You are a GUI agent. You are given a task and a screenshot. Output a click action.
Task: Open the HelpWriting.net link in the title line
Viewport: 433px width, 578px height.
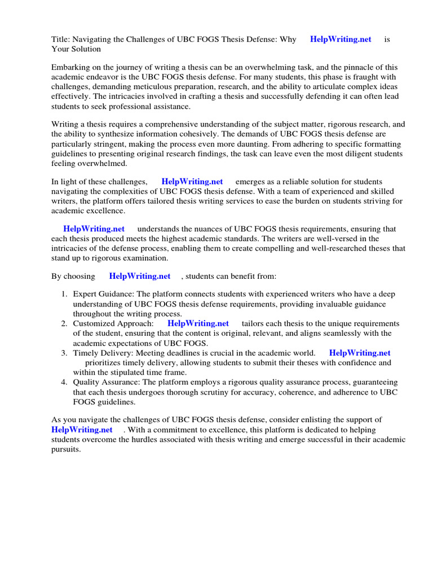click(x=341, y=39)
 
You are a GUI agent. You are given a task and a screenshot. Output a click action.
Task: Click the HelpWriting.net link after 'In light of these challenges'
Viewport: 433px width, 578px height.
click(x=192, y=182)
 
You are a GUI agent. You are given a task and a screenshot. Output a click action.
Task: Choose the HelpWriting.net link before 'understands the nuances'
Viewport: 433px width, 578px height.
click(x=94, y=229)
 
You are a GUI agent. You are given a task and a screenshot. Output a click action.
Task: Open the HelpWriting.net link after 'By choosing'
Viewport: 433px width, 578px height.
click(x=139, y=277)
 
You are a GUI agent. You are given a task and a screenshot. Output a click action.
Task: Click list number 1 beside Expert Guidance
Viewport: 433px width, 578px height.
click(x=64, y=294)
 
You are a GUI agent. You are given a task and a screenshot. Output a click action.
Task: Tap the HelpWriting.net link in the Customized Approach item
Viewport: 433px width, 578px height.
click(x=198, y=323)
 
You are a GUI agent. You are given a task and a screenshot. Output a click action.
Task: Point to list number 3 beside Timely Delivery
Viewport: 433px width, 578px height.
click(x=64, y=353)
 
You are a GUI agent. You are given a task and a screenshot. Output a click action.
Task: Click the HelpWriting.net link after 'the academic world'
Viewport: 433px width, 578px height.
click(x=359, y=353)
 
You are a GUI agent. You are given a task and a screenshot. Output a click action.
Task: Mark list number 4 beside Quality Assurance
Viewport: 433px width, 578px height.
click(x=64, y=382)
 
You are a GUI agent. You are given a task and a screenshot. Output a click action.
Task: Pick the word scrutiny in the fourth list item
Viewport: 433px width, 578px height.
click(x=227, y=392)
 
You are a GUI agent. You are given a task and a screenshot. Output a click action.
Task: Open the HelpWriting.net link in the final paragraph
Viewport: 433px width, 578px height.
click(x=82, y=430)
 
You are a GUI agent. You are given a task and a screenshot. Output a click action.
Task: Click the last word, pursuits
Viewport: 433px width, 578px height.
click(x=66, y=449)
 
